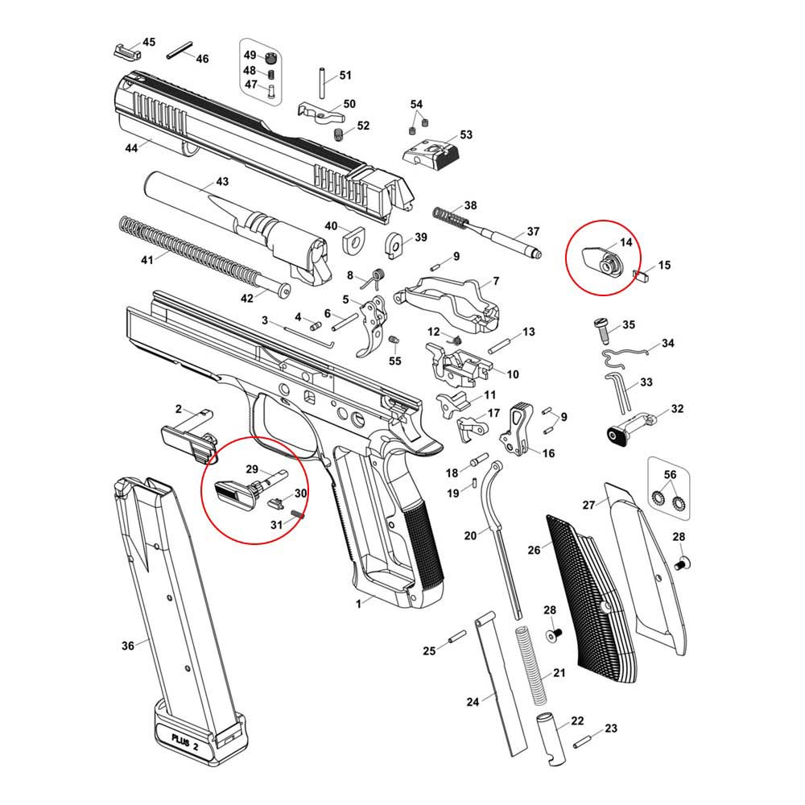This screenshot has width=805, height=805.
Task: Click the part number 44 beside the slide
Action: point(131,147)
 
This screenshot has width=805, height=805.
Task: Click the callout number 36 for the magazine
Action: point(127,645)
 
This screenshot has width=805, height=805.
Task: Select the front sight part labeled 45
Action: point(126,49)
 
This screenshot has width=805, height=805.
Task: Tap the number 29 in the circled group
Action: point(251,469)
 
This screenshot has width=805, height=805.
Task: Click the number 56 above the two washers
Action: point(671,473)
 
